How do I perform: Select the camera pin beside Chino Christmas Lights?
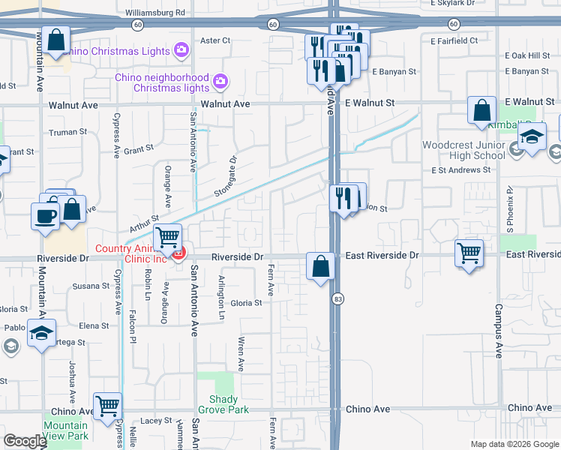[181, 50]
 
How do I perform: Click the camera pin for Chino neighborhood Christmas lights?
[220, 80]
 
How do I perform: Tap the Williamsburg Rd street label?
[155, 13]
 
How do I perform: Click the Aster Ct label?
[215, 40]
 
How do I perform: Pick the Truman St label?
[68, 132]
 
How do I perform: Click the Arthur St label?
[145, 222]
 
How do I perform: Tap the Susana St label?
[91, 286]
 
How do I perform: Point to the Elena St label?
[94, 325]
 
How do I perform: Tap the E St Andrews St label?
[460, 170]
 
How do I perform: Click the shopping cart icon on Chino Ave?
[107, 405]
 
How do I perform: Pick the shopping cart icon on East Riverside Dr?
[469, 253]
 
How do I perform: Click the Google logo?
[25, 441]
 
